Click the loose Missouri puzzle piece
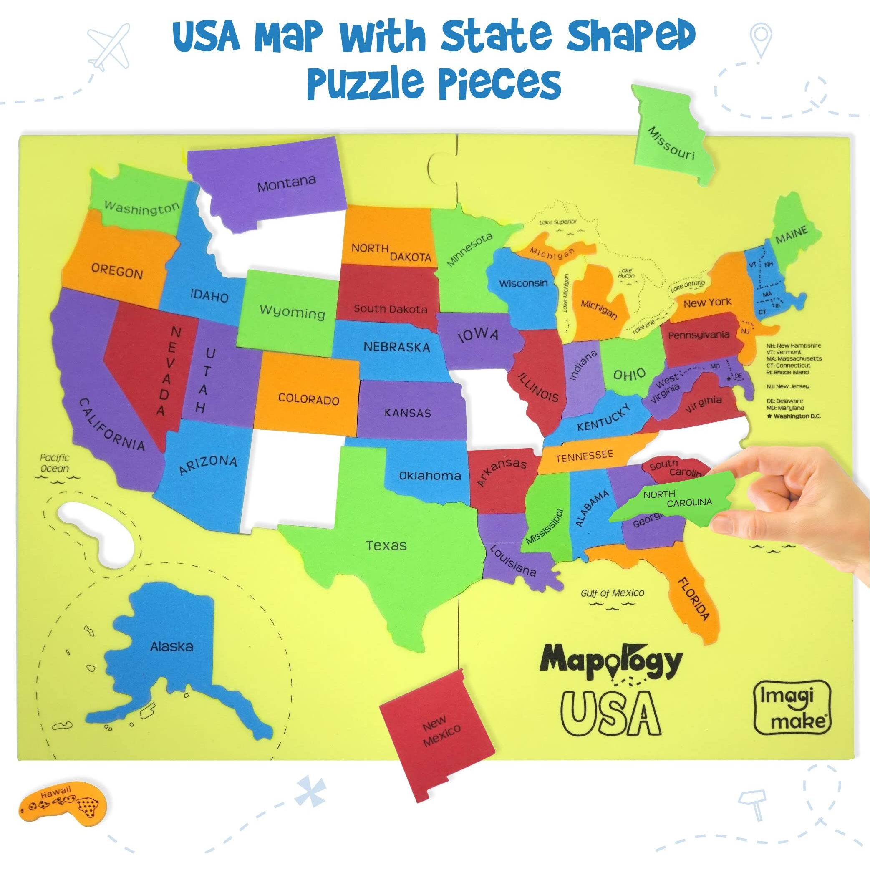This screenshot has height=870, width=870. tap(671, 140)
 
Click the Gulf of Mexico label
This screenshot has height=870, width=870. tap(613, 593)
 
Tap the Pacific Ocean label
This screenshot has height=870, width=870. tap(55, 463)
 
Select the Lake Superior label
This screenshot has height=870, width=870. tap(558, 222)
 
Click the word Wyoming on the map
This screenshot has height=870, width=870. tap(292, 312)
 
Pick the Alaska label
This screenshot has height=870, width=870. tap(171, 647)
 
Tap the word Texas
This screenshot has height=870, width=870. tap(386, 546)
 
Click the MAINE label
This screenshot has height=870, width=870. tap(791, 235)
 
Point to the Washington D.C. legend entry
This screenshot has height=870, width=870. tap(796, 416)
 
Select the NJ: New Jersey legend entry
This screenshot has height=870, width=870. tap(788, 386)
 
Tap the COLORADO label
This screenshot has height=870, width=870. tap(308, 399)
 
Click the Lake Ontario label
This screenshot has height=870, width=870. tap(688, 285)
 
